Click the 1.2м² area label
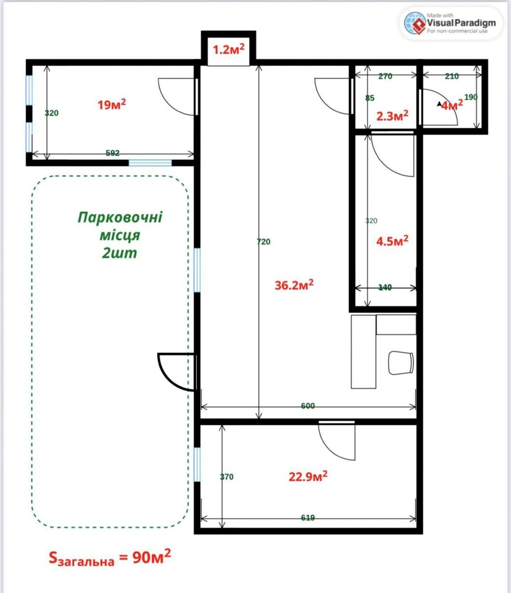[x=229, y=49]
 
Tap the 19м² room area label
[x=112, y=104]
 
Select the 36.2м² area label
[x=294, y=285]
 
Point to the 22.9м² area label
[x=308, y=476]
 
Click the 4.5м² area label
[x=392, y=241]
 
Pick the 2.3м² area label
[x=392, y=116]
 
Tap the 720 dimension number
[x=264, y=242]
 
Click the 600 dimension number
[x=308, y=406]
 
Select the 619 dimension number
[x=308, y=517]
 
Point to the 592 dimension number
[x=113, y=153]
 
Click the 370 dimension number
[x=227, y=477]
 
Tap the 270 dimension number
[x=385, y=76]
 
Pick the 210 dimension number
[x=452, y=76]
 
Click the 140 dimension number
[x=385, y=287]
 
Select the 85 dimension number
[x=370, y=98]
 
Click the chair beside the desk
[x=401, y=363]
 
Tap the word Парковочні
[x=120, y=217]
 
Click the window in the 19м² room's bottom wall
[x=150, y=163]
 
